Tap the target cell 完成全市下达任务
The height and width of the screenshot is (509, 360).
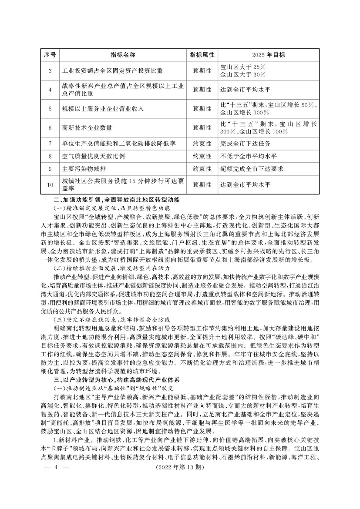[246, 143]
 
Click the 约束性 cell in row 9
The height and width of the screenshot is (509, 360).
[202, 168]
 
